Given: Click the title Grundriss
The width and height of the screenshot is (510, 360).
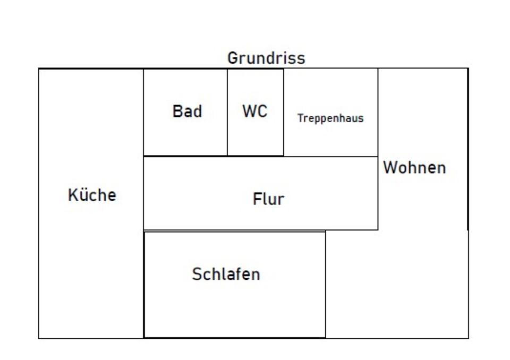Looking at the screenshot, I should [x=266, y=58].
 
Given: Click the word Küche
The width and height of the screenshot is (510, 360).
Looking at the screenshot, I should [x=92, y=195].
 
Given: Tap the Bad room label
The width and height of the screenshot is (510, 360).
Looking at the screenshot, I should [x=187, y=112].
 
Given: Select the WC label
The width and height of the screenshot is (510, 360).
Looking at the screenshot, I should [x=255, y=112].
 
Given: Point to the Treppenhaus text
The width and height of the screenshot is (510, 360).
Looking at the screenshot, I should [x=330, y=118].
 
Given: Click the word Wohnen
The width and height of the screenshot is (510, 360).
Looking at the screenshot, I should [x=414, y=168].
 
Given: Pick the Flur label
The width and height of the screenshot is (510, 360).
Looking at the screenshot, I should [x=268, y=199].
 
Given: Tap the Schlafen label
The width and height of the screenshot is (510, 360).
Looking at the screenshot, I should [x=226, y=274].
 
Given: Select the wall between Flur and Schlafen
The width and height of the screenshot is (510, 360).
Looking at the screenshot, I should [x=234, y=230].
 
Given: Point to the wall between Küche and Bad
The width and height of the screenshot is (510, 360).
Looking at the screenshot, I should [x=143, y=112].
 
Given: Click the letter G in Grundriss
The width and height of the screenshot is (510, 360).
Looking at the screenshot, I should [x=232, y=58].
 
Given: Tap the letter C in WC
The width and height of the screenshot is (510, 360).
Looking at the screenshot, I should [x=261, y=112].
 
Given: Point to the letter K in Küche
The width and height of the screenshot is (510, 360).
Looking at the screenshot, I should [x=73, y=195].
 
